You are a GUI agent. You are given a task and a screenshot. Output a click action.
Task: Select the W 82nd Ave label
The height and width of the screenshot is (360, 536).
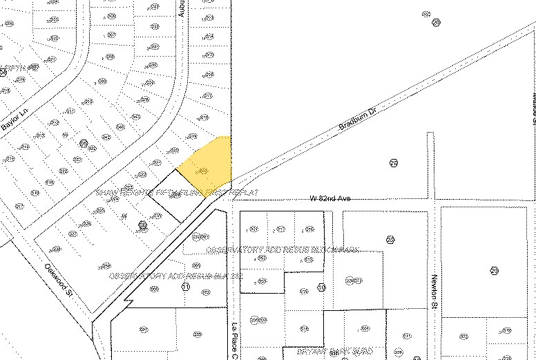pos(330,199)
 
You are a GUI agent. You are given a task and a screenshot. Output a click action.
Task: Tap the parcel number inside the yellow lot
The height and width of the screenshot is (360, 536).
pos(203,170)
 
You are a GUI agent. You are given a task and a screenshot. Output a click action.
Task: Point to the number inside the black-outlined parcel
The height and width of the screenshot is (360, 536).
pos(175,196)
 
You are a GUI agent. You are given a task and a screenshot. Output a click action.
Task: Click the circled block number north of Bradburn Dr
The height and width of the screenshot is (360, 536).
pos(436,23)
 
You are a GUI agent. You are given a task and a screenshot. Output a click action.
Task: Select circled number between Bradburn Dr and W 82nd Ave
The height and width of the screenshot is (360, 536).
pos(394,163)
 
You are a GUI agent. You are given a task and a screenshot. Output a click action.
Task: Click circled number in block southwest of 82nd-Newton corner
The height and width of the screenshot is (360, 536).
pos(390,240)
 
